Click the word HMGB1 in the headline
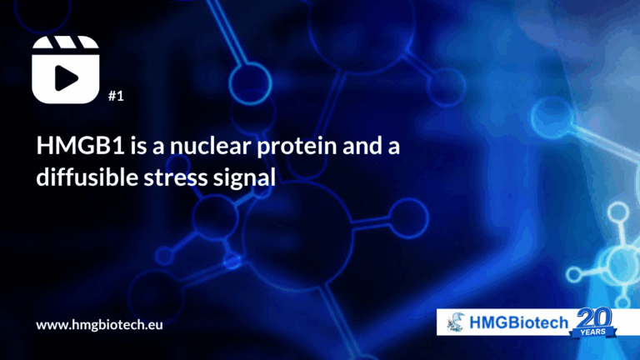point(80,145)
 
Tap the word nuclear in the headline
point(211,145)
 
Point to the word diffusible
point(87,177)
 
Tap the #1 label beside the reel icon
point(116,96)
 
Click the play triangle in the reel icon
point(66,77)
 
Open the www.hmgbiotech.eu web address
point(100,325)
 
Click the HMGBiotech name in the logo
point(519,322)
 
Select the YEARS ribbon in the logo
point(593,332)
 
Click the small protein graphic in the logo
point(457,322)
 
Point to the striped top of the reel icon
point(66,42)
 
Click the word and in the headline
point(360,145)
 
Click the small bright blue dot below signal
point(232,261)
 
